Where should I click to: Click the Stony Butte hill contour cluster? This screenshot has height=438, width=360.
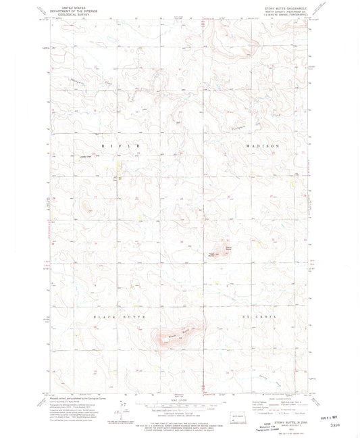[222, 250]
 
